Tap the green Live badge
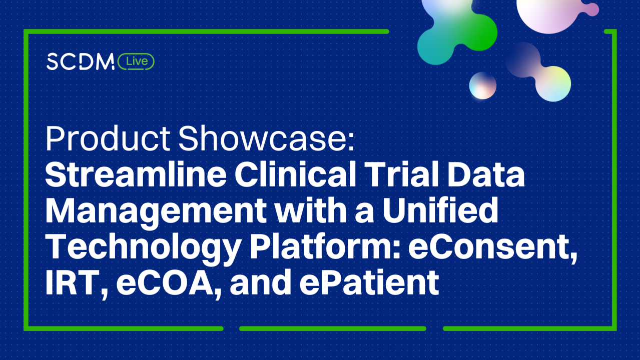(137, 61)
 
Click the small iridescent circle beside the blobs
(482, 85)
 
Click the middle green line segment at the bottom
(332, 328)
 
